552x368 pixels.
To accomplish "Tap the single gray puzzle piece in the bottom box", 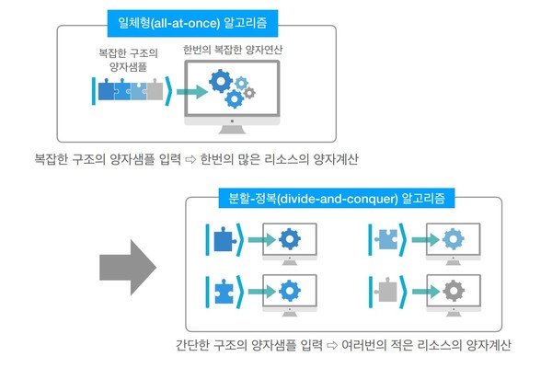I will [x=386, y=292].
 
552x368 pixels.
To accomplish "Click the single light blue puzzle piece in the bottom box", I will [x=386, y=241].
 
